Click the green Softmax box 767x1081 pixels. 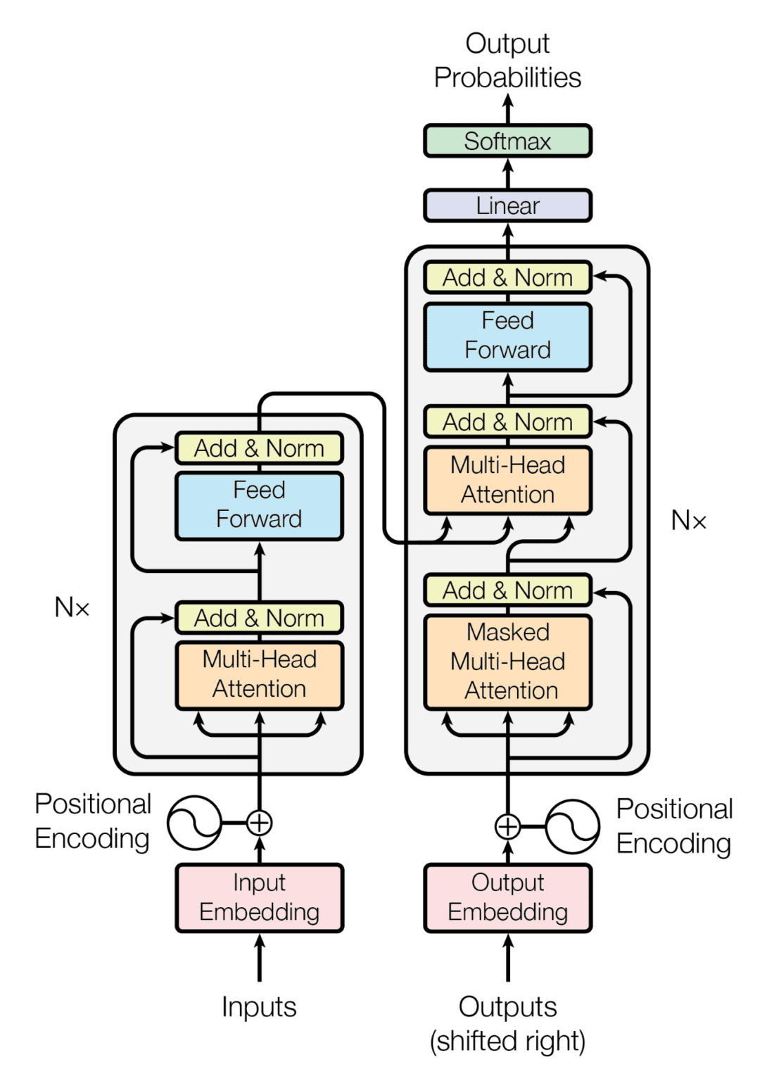507,141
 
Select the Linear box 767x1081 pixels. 507,206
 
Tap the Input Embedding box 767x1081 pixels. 259,897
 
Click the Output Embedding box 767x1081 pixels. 507,897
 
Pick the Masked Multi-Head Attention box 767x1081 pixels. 507,662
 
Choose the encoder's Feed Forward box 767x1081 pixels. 259,505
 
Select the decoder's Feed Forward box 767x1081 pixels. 507,336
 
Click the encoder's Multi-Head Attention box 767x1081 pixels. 259,674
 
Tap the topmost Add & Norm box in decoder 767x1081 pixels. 507,277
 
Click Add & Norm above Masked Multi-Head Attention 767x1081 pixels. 507,590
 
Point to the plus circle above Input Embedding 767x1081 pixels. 259,822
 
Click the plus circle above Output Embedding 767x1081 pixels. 507,826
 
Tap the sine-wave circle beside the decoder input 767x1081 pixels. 572,826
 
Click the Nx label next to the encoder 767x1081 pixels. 72,607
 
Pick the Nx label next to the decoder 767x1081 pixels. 688,521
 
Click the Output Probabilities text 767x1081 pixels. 507,61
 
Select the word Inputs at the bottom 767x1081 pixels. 259,1006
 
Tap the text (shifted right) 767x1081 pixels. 507,1041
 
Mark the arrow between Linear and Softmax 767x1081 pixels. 507,173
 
